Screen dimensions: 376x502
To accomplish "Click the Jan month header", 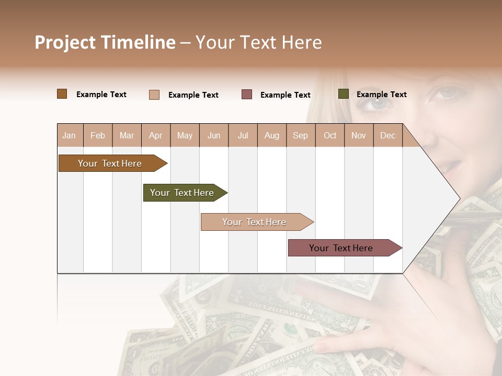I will pos(69,136).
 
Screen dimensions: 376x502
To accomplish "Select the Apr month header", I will pos(156,136).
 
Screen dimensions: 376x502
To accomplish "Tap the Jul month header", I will pos(243,136).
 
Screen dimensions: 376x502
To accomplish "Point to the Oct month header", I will pos(330,136).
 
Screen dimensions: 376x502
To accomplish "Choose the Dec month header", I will pos(387,136).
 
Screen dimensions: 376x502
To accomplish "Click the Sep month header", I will pos(300,136).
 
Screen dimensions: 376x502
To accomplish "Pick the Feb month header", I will pos(98,136).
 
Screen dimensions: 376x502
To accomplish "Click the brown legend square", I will pos(62,94).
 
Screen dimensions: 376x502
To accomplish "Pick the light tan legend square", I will pos(154,95).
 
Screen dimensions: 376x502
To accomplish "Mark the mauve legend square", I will pos(247,95).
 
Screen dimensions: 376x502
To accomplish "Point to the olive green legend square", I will pos(344,94).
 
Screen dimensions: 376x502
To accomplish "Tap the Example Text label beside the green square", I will pos(381,95).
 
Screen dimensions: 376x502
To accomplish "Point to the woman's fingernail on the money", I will pos(322,346).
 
